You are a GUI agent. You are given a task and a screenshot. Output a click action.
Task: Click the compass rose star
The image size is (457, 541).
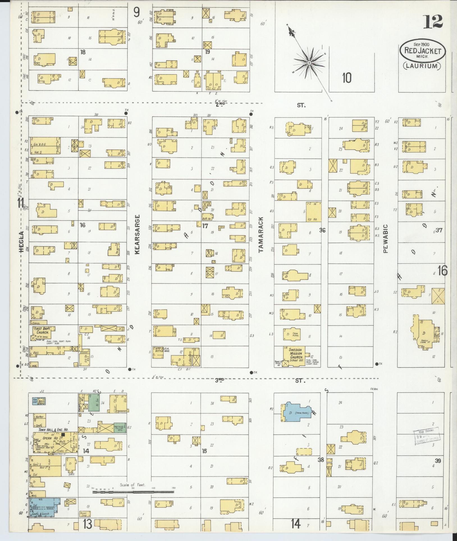[309, 63]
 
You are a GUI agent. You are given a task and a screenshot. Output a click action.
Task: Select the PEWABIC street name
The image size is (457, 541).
[385, 238]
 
